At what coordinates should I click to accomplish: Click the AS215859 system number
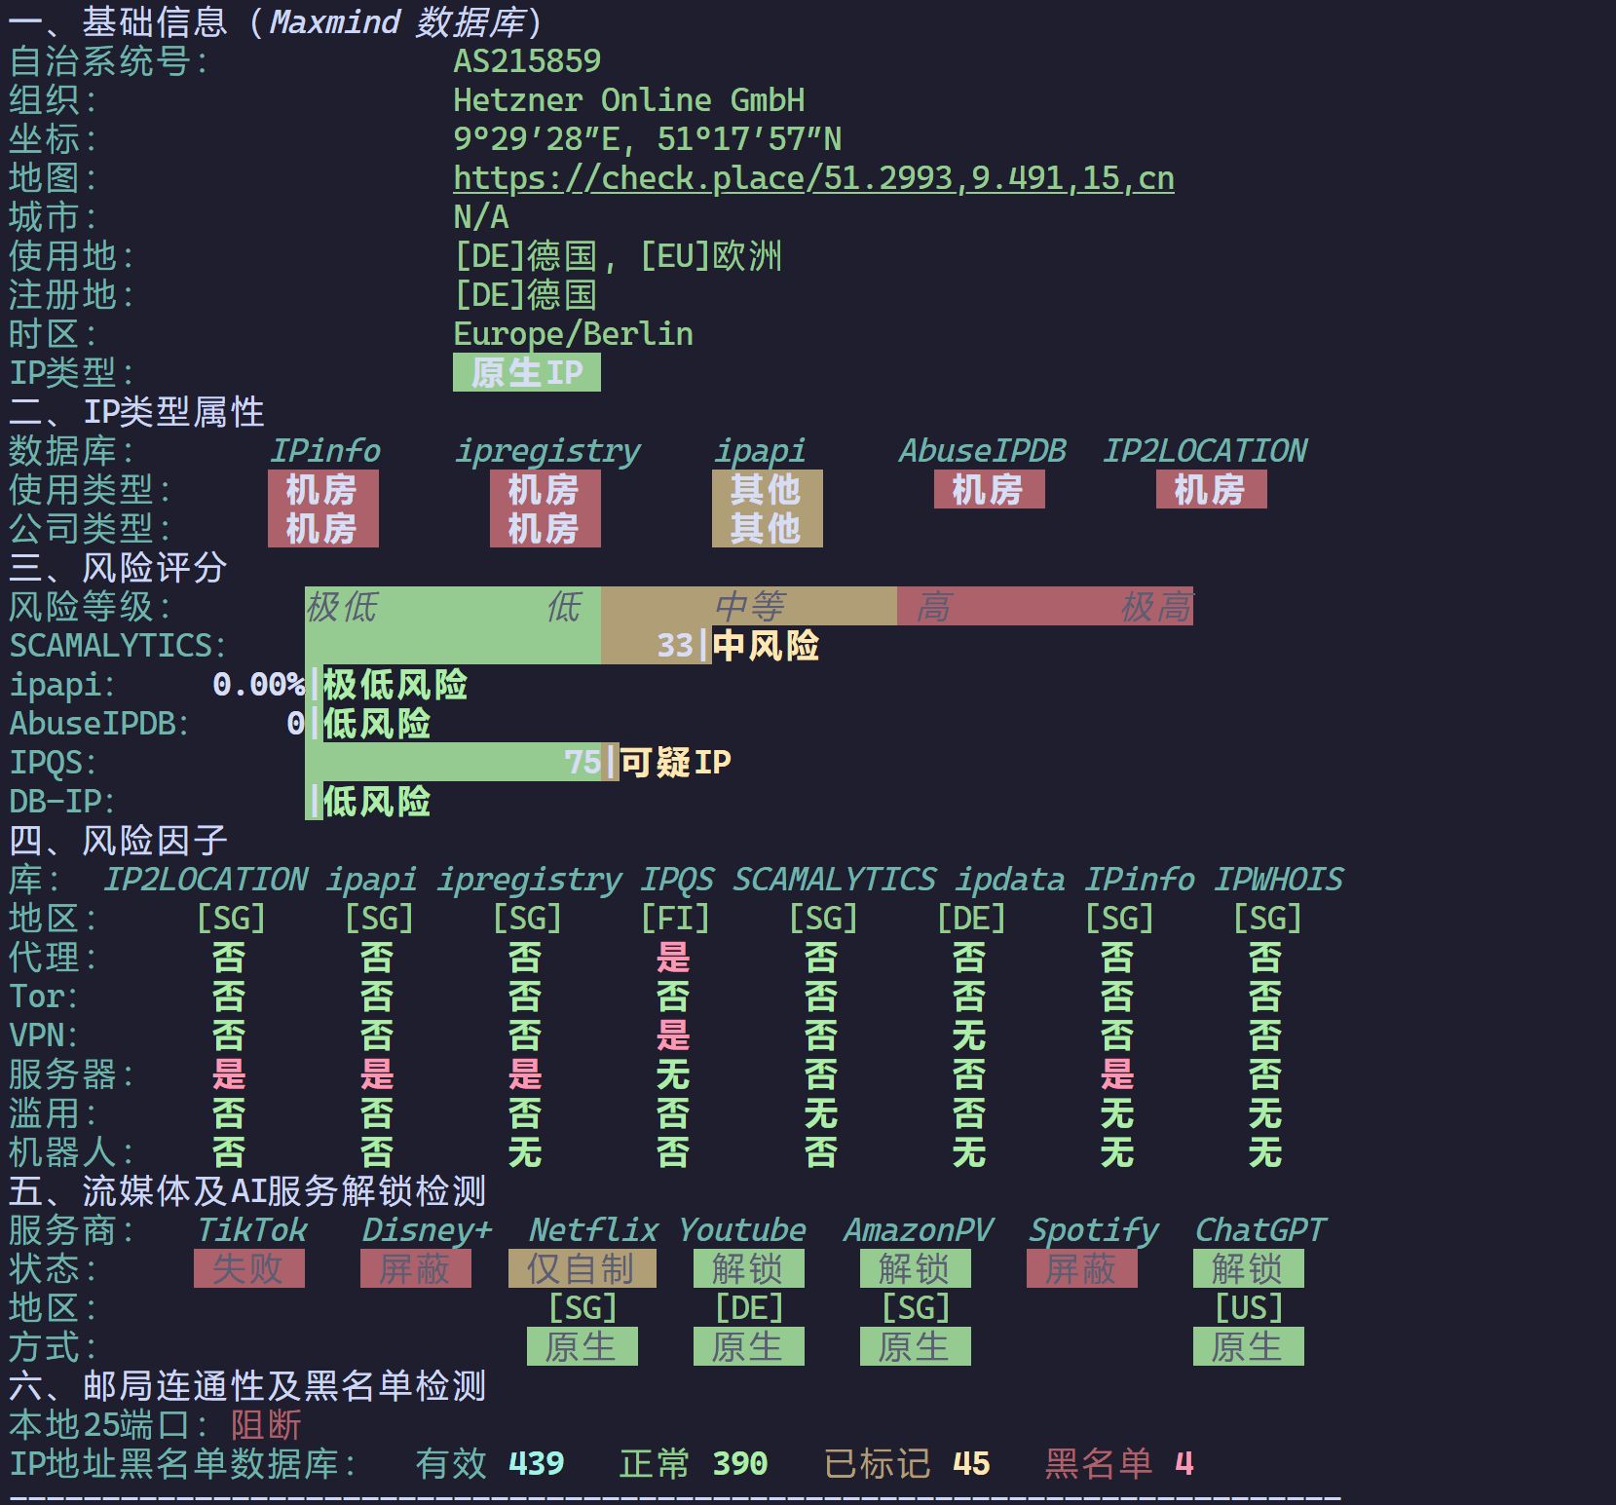click(527, 61)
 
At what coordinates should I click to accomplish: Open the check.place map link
click(813, 178)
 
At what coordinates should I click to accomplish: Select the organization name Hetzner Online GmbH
click(629, 100)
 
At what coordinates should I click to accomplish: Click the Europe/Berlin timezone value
click(573, 334)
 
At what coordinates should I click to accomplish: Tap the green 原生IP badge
click(527, 372)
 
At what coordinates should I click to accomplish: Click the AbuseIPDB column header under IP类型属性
click(982, 451)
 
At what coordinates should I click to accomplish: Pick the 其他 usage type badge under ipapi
click(767, 489)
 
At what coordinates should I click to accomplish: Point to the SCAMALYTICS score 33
click(675, 646)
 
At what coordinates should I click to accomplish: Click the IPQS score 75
click(583, 762)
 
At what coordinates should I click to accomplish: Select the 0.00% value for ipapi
click(258, 685)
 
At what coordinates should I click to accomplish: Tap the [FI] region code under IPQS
click(675, 919)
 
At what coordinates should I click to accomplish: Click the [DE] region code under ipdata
click(971, 919)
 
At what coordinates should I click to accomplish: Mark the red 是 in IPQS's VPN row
click(673, 1035)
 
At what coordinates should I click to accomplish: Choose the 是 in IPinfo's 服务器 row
click(1117, 1074)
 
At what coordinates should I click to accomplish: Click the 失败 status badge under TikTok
click(248, 1268)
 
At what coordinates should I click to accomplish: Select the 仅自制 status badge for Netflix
click(583, 1268)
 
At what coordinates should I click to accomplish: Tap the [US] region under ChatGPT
click(1249, 1308)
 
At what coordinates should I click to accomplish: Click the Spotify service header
click(1094, 1231)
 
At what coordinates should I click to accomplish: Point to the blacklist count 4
click(1184, 1464)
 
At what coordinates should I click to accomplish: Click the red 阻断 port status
click(266, 1425)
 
